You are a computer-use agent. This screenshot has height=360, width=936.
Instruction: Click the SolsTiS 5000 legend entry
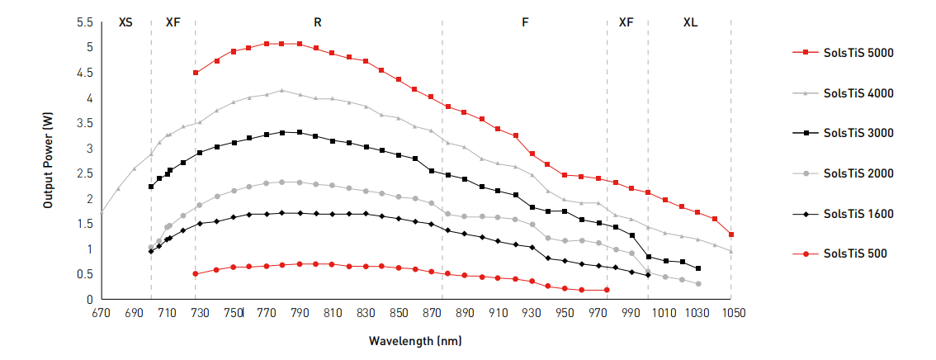click(858, 53)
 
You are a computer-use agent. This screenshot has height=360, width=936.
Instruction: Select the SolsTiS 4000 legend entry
click(858, 93)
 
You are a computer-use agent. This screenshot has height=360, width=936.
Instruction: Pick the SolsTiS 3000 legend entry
click(858, 133)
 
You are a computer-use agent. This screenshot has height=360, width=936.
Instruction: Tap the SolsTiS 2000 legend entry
click(858, 173)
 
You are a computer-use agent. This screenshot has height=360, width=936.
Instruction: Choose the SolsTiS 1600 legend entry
click(858, 214)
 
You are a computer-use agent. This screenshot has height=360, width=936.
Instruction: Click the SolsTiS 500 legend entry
click(855, 253)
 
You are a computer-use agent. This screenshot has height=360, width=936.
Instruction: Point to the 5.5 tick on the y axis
click(86, 22)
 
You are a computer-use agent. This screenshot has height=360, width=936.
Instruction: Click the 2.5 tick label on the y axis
click(86, 173)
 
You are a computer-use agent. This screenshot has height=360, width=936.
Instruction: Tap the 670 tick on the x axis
click(101, 313)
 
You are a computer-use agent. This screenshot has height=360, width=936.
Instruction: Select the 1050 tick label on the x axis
click(732, 313)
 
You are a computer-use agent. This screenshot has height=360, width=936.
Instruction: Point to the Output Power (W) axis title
click(49, 161)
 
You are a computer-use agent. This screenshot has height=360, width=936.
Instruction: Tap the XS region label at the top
click(125, 23)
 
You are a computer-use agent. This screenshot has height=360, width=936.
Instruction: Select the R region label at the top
click(318, 23)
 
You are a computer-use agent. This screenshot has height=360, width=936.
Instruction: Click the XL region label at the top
click(690, 23)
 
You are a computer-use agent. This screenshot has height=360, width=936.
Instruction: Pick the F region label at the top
click(525, 23)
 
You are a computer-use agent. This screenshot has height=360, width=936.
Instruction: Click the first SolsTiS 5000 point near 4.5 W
click(196, 73)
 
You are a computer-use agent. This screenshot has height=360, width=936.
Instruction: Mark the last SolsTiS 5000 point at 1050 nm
click(731, 234)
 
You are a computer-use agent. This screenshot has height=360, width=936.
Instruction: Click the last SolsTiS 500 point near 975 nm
click(607, 290)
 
